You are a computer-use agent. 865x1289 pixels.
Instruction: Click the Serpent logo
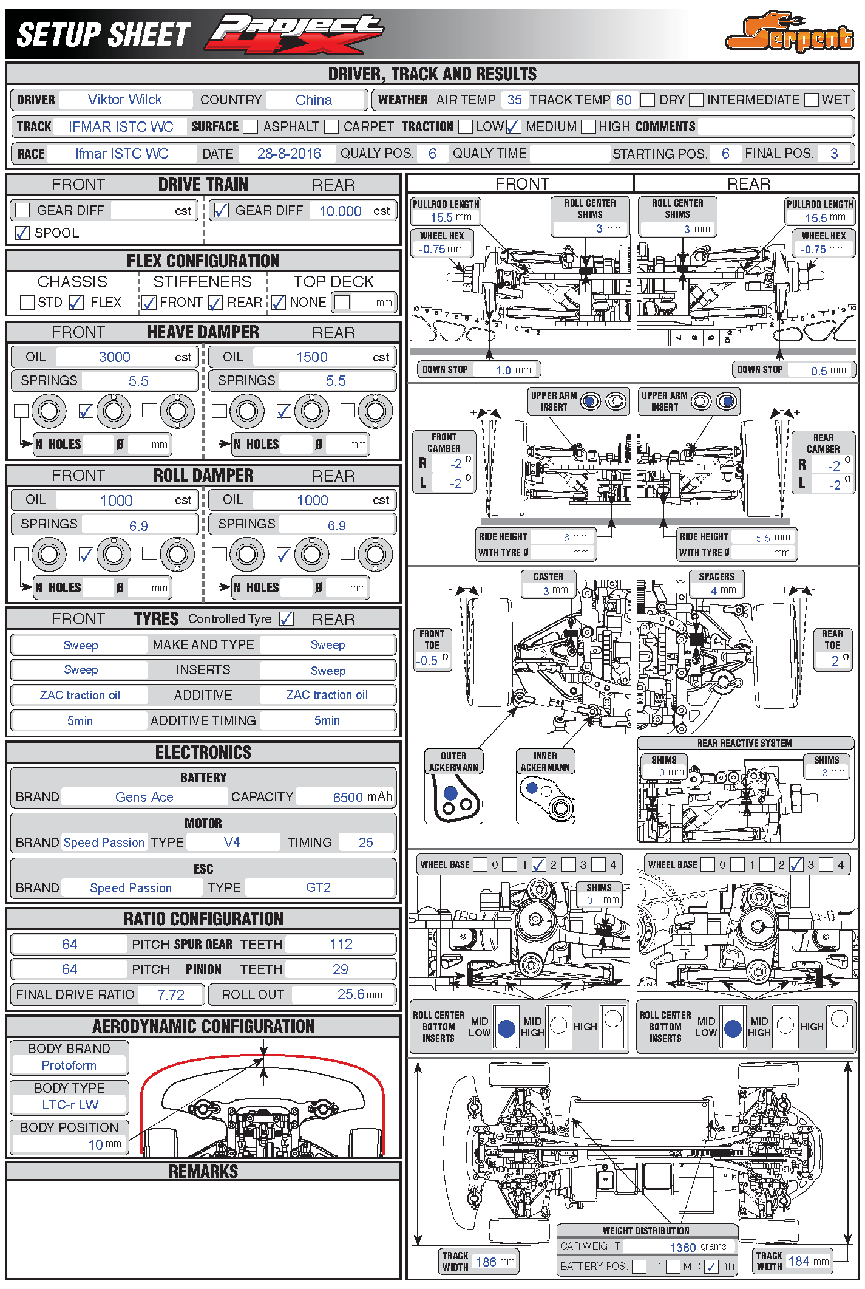click(x=789, y=33)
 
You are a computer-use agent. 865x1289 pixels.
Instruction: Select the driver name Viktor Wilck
click(x=125, y=100)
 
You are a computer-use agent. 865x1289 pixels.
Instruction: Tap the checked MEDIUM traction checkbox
click(x=514, y=126)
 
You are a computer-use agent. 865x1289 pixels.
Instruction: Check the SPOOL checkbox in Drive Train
click(x=22, y=233)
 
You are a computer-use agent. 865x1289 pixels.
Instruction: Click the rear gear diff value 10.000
click(x=340, y=211)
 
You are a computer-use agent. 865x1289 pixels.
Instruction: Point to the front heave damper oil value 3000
click(x=114, y=357)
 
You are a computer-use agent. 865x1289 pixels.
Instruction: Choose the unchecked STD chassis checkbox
click(x=27, y=302)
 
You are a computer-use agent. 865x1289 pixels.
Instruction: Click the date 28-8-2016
click(x=289, y=154)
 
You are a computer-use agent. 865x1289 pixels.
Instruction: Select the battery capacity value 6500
click(x=348, y=797)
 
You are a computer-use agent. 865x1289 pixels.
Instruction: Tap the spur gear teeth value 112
click(x=341, y=944)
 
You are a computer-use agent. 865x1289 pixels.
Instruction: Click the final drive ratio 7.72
click(x=171, y=994)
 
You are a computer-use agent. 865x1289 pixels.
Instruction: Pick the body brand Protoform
click(x=69, y=1065)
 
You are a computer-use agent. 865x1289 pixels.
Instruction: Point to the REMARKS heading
click(x=203, y=1171)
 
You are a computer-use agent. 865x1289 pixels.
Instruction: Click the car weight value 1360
click(x=683, y=1247)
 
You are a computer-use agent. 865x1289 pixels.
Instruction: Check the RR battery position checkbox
click(x=712, y=1267)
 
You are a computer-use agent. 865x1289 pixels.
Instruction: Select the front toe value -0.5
click(x=428, y=660)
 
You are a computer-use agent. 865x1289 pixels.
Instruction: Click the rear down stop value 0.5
click(x=819, y=371)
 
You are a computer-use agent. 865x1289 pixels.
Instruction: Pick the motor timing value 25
click(x=365, y=842)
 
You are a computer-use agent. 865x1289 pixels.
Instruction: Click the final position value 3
click(x=834, y=154)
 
